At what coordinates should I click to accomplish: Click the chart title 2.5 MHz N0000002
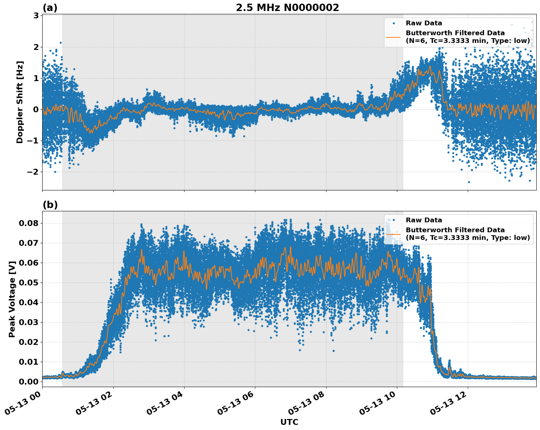tap(287, 8)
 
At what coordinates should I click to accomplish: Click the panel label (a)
tap(50, 8)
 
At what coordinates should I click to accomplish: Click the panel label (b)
tap(50, 205)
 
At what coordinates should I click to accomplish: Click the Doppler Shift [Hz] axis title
tap(20, 102)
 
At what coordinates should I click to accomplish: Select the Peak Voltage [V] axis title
tap(12, 299)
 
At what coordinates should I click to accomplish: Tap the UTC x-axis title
tap(289, 422)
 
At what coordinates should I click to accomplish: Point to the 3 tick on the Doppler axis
tap(36, 15)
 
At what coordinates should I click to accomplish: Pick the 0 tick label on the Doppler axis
tap(36, 109)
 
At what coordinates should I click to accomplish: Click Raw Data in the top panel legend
tap(424, 23)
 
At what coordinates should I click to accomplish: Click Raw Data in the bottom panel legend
tap(424, 220)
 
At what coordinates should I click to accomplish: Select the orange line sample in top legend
tap(393, 37)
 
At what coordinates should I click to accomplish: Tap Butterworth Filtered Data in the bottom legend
tap(455, 230)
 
